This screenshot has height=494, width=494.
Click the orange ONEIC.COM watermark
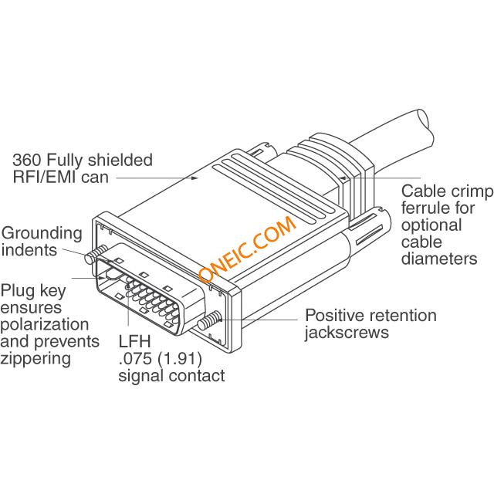click(x=247, y=249)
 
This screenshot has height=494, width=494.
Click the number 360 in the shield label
click(x=26, y=160)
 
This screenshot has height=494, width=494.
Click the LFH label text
click(x=135, y=341)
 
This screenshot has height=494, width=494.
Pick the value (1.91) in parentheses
click(x=180, y=358)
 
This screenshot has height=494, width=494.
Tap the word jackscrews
click(x=347, y=333)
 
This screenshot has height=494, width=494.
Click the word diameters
click(x=439, y=259)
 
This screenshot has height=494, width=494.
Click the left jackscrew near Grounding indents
click(x=95, y=255)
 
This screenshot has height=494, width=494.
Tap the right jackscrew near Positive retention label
click(x=208, y=320)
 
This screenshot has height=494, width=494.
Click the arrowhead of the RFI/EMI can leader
click(x=195, y=178)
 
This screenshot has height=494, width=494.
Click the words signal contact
click(x=171, y=376)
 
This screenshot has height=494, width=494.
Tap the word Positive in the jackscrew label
click(x=335, y=315)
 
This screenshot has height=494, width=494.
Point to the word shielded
click(x=120, y=160)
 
